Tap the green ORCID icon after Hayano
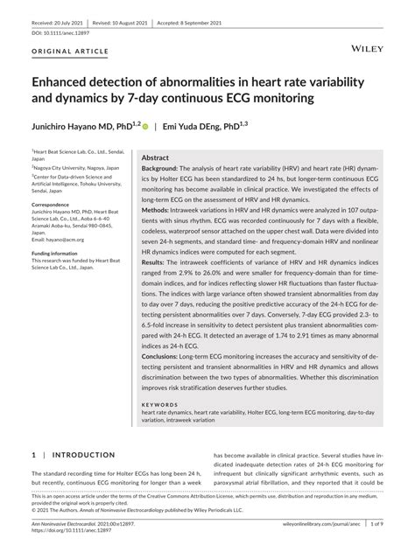tap(145, 127)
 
